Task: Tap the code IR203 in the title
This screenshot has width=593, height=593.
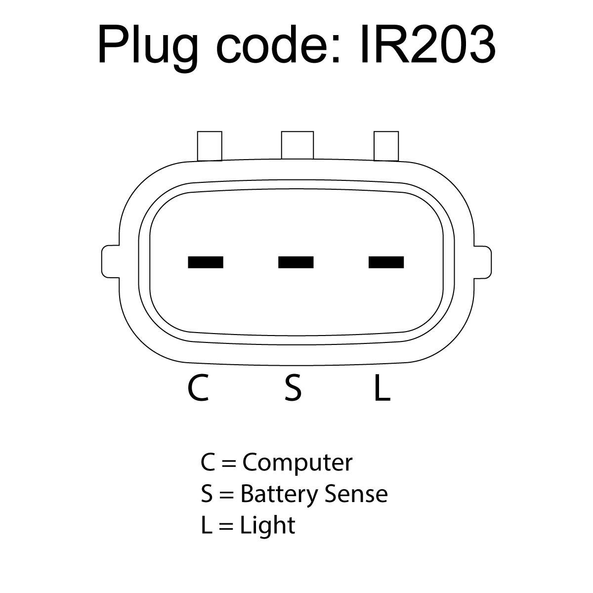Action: point(428,44)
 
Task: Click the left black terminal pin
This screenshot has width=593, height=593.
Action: point(206,262)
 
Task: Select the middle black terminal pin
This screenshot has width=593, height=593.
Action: point(296,262)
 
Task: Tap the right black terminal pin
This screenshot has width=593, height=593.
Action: point(386,262)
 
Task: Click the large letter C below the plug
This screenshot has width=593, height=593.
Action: point(199,388)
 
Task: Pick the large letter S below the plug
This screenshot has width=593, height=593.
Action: point(293,388)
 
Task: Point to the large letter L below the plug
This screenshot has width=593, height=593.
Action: point(382,388)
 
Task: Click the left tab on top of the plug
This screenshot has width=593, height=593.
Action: point(210,146)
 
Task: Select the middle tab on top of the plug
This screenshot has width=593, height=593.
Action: point(297,145)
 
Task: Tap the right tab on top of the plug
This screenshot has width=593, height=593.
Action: point(386,146)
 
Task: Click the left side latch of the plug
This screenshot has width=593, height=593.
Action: point(111,262)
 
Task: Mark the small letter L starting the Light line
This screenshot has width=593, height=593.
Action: point(207,525)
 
